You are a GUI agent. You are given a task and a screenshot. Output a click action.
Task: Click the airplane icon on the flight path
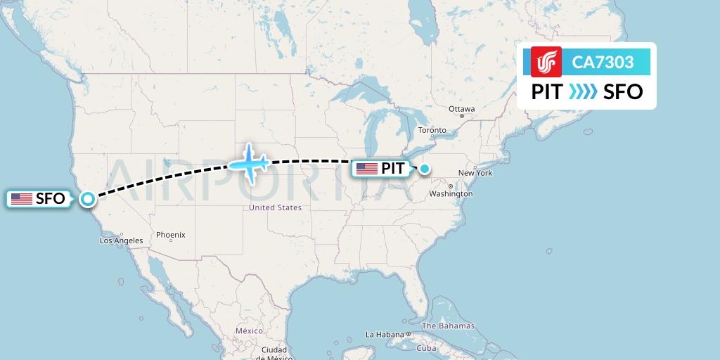pyautogui.click(x=250, y=164)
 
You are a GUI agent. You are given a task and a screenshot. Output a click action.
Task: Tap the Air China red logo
pyautogui.click(x=546, y=63)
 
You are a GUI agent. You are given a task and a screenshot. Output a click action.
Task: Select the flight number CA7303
pyautogui.click(x=603, y=63)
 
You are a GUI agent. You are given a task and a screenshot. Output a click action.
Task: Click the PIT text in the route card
pyautogui.click(x=547, y=91)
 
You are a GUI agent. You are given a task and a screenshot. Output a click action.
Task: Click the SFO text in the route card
pyautogui.click(x=623, y=91)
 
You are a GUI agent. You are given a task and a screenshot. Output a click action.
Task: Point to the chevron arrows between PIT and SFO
pyautogui.click(x=583, y=91)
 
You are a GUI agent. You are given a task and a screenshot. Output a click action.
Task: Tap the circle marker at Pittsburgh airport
pyautogui.click(x=425, y=169)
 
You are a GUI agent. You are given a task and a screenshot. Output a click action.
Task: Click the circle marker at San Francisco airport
pyautogui.click(x=87, y=199)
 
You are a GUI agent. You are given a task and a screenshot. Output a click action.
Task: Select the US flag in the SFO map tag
pyautogui.click(x=22, y=199)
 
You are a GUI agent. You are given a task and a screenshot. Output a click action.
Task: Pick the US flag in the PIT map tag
pyautogui.click(x=367, y=169)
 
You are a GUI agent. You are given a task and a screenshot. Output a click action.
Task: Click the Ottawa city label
pyautogui.click(x=462, y=109)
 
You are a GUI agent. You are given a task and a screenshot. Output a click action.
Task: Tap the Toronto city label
pyautogui.click(x=432, y=130)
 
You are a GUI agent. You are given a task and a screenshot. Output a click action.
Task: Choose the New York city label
pyautogui.click(x=475, y=173)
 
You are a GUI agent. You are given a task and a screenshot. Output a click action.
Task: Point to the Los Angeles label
pyautogui.click(x=121, y=240)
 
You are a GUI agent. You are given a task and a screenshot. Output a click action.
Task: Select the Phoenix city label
pyautogui.click(x=170, y=235)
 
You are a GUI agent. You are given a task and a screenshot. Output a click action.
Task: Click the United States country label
pyautogui.click(x=276, y=207)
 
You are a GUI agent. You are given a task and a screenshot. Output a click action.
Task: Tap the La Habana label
pyautogui.click(x=383, y=334)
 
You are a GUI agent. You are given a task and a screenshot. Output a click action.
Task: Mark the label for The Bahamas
pyautogui.click(x=448, y=326)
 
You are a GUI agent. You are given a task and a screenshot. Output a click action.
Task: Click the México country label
pyautogui.click(x=249, y=330)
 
